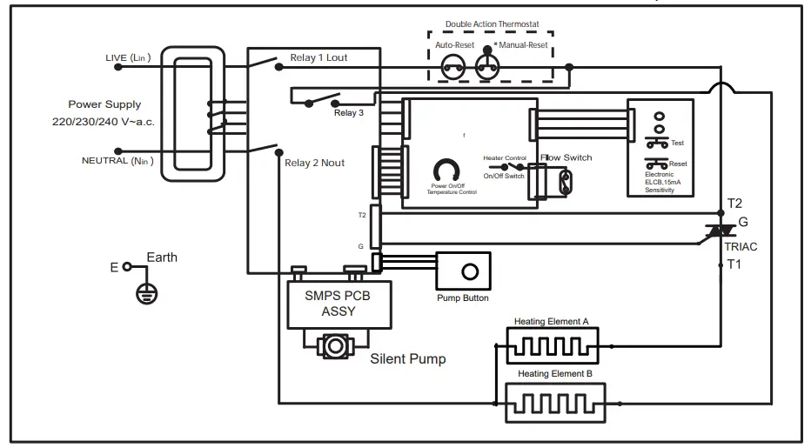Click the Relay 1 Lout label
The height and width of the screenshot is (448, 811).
(318, 59)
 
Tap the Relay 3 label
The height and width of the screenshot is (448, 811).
(348, 113)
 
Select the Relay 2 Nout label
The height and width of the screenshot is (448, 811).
(315, 162)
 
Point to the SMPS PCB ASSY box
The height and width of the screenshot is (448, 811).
(338, 303)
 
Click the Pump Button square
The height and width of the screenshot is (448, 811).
(469, 271)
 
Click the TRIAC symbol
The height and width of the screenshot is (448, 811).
(721, 231)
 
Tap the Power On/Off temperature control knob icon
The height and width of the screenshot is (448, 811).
(446, 170)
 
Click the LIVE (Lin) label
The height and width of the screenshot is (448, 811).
(128, 58)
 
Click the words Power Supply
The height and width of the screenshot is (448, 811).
(104, 104)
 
